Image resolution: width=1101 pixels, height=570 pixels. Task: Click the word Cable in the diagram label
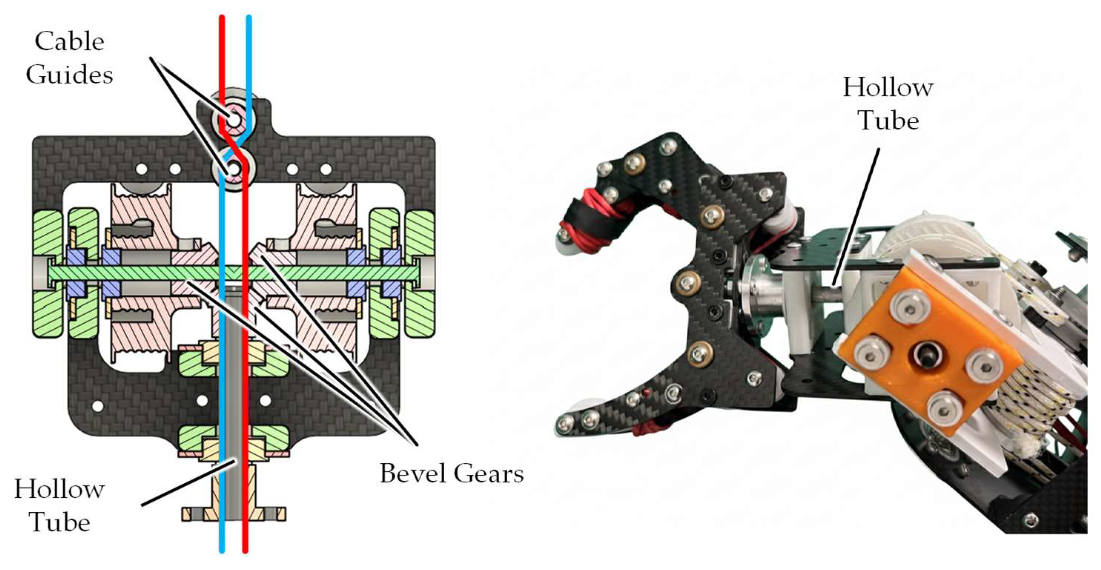pyautogui.click(x=70, y=42)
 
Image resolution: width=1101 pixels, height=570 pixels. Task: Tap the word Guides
pyautogui.click(x=70, y=75)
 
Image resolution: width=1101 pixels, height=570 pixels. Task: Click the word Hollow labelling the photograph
pyautogui.click(x=888, y=88)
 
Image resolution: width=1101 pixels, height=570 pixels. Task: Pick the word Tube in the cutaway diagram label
pyautogui.click(x=60, y=522)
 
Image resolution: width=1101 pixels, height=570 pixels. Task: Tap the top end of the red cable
pyautogui.click(x=222, y=17)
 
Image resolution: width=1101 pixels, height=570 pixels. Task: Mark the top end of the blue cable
pyautogui.click(x=249, y=17)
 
